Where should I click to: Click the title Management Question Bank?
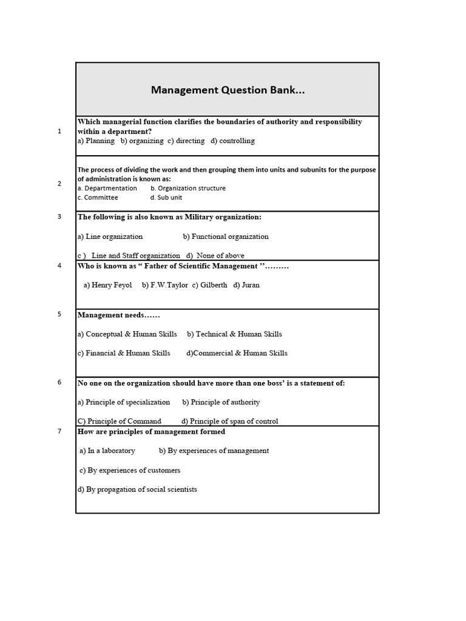(x=228, y=90)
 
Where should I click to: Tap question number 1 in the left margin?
(x=59, y=131)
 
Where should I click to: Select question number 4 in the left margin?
(x=59, y=266)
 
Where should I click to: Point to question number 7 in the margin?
(x=59, y=432)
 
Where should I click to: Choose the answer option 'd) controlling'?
(x=233, y=141)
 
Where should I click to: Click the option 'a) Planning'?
(x=96, y=141)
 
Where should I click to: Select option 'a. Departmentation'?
(x=107, y=188)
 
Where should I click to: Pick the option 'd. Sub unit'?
(x=166, y=197)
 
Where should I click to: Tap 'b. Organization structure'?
(x=188, y=188)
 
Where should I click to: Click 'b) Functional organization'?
(x=226, y=237)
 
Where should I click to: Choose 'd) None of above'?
(x=215, y=255)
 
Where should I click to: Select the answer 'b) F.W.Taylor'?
(x=165, y=285)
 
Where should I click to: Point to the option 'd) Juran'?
(x=246, y=285)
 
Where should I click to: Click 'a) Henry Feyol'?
(x=107, y=285)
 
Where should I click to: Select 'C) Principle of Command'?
(x=120, y=421)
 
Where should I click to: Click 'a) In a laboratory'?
(x=107, y=451)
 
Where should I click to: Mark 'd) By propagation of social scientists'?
(x=137, y=489)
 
